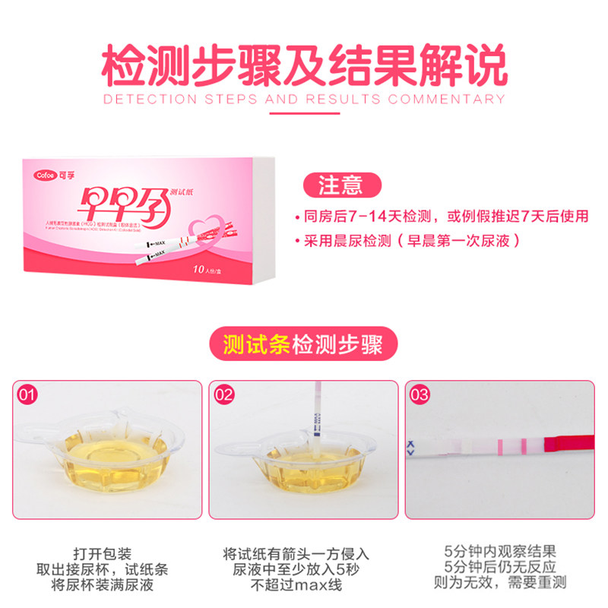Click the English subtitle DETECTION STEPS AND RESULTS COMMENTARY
click(304, 99)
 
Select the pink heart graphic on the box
click(214, 228)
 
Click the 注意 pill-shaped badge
click(340, 185)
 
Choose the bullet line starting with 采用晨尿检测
click(410, 242)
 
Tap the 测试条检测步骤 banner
click(304, 344)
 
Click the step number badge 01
click(27, 395)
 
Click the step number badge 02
click(223, 395)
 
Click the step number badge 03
click(419, 395)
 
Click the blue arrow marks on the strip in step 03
click(411, 448)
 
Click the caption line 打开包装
click(107, 553)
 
